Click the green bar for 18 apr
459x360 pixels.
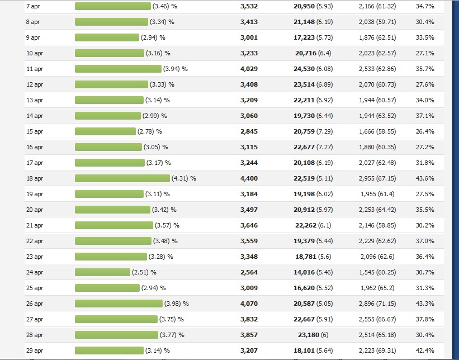122,178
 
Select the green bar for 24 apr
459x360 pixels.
102,272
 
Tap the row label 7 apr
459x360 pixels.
33,6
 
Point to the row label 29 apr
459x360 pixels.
34,350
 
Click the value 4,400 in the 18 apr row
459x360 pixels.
249,178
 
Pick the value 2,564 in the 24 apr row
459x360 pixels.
249,272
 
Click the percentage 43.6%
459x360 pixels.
425,178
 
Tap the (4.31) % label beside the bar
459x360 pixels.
184,178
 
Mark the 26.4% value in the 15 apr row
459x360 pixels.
425,131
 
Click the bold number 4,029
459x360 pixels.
249,69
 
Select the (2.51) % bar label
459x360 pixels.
144,272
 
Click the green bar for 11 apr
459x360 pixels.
118,69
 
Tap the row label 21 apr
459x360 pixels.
34,225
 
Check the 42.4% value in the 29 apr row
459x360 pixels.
425,350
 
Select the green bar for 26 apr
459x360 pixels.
119,304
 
